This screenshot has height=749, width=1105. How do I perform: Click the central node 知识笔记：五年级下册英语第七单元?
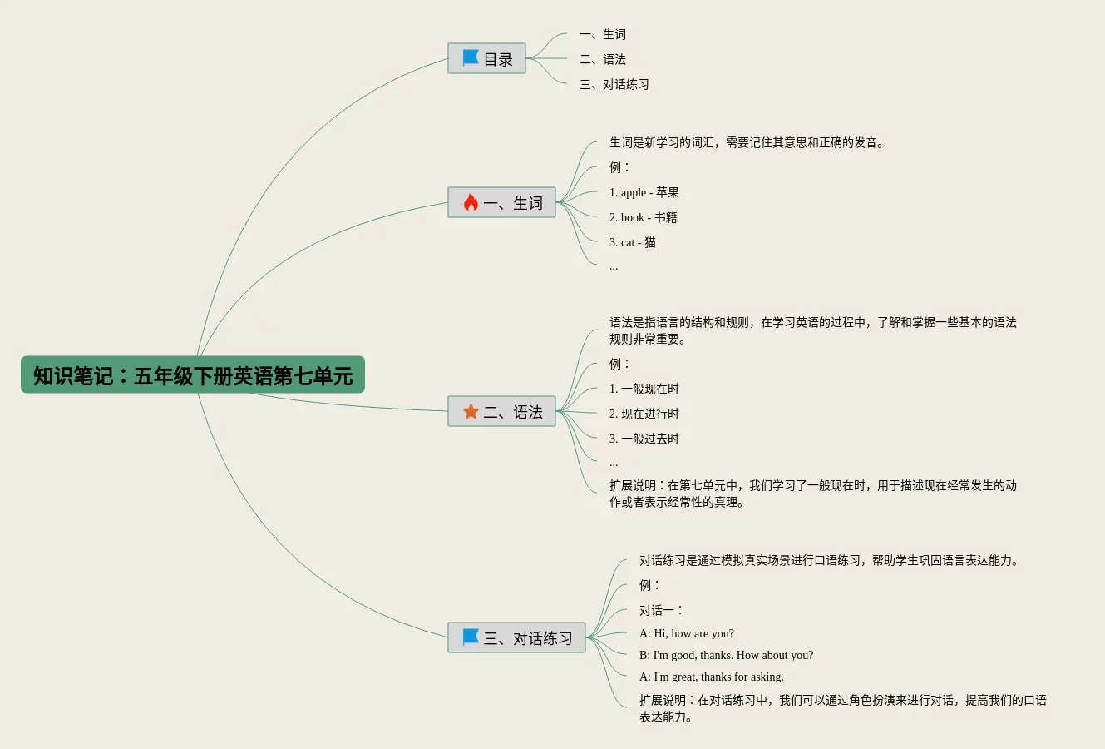coord(193,375)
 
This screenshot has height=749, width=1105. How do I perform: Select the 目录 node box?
coord(487,59)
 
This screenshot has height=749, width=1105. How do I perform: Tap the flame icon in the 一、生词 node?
coord(471,203)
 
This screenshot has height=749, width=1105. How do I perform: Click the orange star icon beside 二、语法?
coord(471,412)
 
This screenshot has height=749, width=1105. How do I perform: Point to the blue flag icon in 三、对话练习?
coord(471,637)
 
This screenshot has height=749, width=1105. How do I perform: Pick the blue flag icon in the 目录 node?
coord(471,58)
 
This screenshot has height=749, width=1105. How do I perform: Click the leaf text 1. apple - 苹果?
coord(644,193)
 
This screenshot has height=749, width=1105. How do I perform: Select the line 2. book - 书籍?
coord(643,218)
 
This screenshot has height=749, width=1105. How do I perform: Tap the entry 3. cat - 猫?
coord(632,243)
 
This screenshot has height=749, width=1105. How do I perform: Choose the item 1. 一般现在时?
coord(644,389)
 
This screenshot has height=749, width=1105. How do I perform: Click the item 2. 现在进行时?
coord(644,414)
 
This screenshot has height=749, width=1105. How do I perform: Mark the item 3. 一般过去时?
coord(644,439)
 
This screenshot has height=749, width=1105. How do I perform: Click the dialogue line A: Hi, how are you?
coord(686,634)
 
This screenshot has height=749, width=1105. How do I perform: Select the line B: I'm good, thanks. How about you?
coord(726,656)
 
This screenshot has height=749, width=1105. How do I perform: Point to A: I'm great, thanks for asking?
coord(711,677)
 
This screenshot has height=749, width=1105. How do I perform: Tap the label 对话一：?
coord(661,611)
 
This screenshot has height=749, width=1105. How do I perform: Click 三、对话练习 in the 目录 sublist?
coord(614,85)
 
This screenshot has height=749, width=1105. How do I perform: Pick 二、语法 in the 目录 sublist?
coord(603,60)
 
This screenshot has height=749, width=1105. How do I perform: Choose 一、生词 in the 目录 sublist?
coord(603,35)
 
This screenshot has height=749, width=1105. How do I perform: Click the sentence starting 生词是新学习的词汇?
coord(746,143)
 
